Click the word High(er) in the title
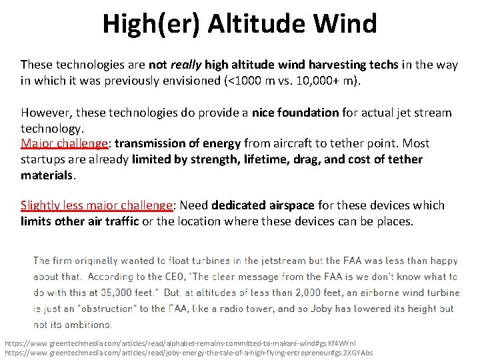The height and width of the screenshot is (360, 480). pyautogui.click(x=152, y=23)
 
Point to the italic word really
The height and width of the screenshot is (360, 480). pyautogui.click(x=186, y=65)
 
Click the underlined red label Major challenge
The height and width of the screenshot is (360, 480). pyautogui.click(x=64, y=143)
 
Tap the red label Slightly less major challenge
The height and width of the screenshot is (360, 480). pyautogui.click(x=97, y=205)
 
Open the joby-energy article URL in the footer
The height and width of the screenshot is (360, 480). pyautogui.click(x=189, y=352)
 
